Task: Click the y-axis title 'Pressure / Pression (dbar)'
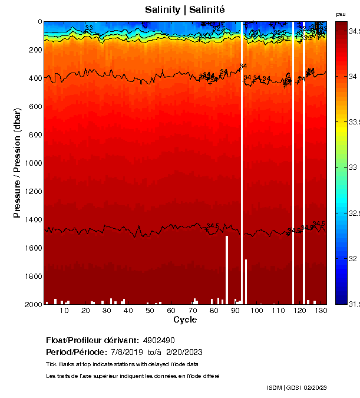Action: click(17, 163)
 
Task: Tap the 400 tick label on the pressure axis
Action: click(34, 78)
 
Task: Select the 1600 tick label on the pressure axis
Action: click(31, 248)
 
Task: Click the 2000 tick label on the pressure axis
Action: click(31, 304)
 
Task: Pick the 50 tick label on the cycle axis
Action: click(150, 311)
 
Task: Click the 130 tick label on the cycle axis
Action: click(321, 311)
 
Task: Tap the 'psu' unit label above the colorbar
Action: click(341, 14)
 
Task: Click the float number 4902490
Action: click(159, 341)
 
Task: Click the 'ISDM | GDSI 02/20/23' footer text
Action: click(297, 388)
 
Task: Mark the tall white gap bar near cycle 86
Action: click(227, 269)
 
